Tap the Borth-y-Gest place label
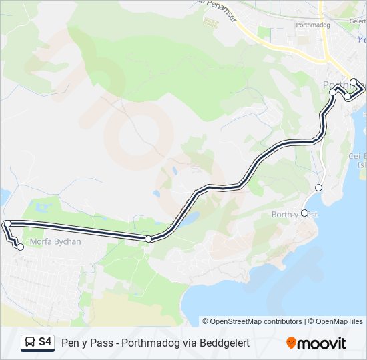click(295, 215)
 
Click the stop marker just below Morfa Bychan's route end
click(20, 247)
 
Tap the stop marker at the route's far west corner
click(7, 224)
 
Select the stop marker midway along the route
click(148, 238)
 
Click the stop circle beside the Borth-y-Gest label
click(305, 213)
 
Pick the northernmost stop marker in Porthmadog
click(354, 83)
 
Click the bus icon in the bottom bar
click(30, 343)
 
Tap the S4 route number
click(45, 342)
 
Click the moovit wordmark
click(322, 343)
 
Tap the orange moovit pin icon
click(291, 343)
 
